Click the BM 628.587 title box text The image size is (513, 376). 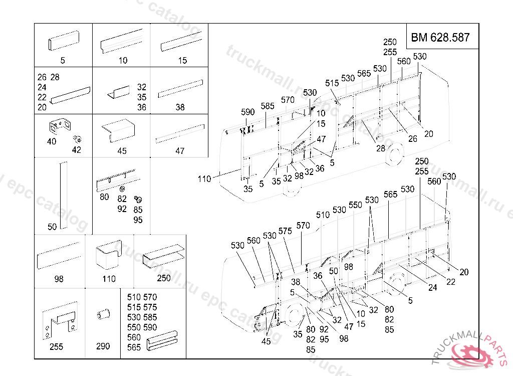[x=440, y=37]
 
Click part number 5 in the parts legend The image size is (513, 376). [x=63, y=61]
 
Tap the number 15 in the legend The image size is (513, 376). [x=182, y=61]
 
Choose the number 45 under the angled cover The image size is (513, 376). [x=122, y=151]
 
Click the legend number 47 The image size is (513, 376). [x=180, y=151]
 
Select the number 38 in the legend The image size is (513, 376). [x=180, y=107]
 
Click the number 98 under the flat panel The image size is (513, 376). [x=59, y=279]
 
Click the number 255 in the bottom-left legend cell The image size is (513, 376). [x=56, y=347]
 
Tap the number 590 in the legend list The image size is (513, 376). [x=150, y=327]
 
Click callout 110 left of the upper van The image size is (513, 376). [x=204, y=178]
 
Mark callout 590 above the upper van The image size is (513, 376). [x=247, y=112]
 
